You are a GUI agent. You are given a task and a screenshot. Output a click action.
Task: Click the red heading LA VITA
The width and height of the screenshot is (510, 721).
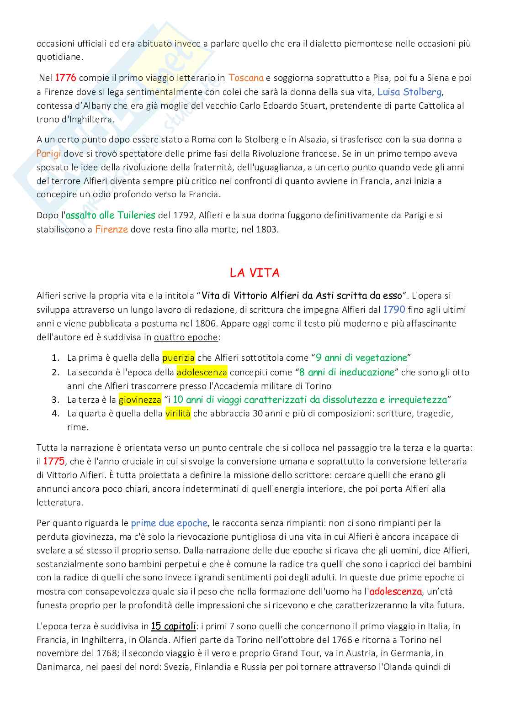[x=255, y=273]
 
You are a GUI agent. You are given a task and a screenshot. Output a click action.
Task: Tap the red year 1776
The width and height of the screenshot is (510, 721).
[x=65, y=78]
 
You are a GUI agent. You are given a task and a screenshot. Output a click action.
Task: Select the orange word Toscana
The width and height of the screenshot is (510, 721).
[x=246, y=78]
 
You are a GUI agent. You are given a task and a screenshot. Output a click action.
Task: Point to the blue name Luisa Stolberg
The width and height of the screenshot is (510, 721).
[x=409, y=92]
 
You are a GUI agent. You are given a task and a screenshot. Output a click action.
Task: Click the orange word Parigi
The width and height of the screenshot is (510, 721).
[x=48, y=153]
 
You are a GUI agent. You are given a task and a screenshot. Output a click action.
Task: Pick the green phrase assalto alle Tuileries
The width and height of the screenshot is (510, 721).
[x=110, y=215]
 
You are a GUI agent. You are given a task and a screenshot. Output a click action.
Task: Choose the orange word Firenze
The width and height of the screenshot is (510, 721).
[x=111, y=229]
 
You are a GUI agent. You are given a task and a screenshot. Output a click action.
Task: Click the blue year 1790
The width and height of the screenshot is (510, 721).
[x=394, y=310]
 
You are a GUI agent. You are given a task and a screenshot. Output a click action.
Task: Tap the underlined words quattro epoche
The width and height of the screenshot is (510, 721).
[x=186, y=337]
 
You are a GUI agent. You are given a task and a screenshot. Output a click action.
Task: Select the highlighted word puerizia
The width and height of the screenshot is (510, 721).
[x=178, y=358]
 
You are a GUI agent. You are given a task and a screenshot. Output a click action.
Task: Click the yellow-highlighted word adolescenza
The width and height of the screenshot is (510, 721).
[x=202, y=372]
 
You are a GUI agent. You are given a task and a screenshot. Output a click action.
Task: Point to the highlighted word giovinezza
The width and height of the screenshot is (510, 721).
[x=140, y=400]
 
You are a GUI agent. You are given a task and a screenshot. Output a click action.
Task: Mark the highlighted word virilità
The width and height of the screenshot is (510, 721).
[x=178, y=414]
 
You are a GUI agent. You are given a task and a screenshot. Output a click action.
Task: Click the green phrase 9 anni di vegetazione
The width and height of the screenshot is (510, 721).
[x=361, y=358]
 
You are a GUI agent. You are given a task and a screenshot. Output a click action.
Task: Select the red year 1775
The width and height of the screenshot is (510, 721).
[x=54, y=461]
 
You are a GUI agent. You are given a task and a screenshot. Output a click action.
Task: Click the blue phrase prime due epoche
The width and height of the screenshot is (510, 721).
[x=169, y=523]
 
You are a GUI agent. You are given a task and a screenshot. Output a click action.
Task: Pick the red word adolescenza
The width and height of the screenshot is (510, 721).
[x=395, y=591]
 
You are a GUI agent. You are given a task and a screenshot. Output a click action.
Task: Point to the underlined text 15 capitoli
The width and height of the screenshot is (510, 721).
[x=173, y=626]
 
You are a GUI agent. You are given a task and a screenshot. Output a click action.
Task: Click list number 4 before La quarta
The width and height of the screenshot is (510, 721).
[x=56, y=414]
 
